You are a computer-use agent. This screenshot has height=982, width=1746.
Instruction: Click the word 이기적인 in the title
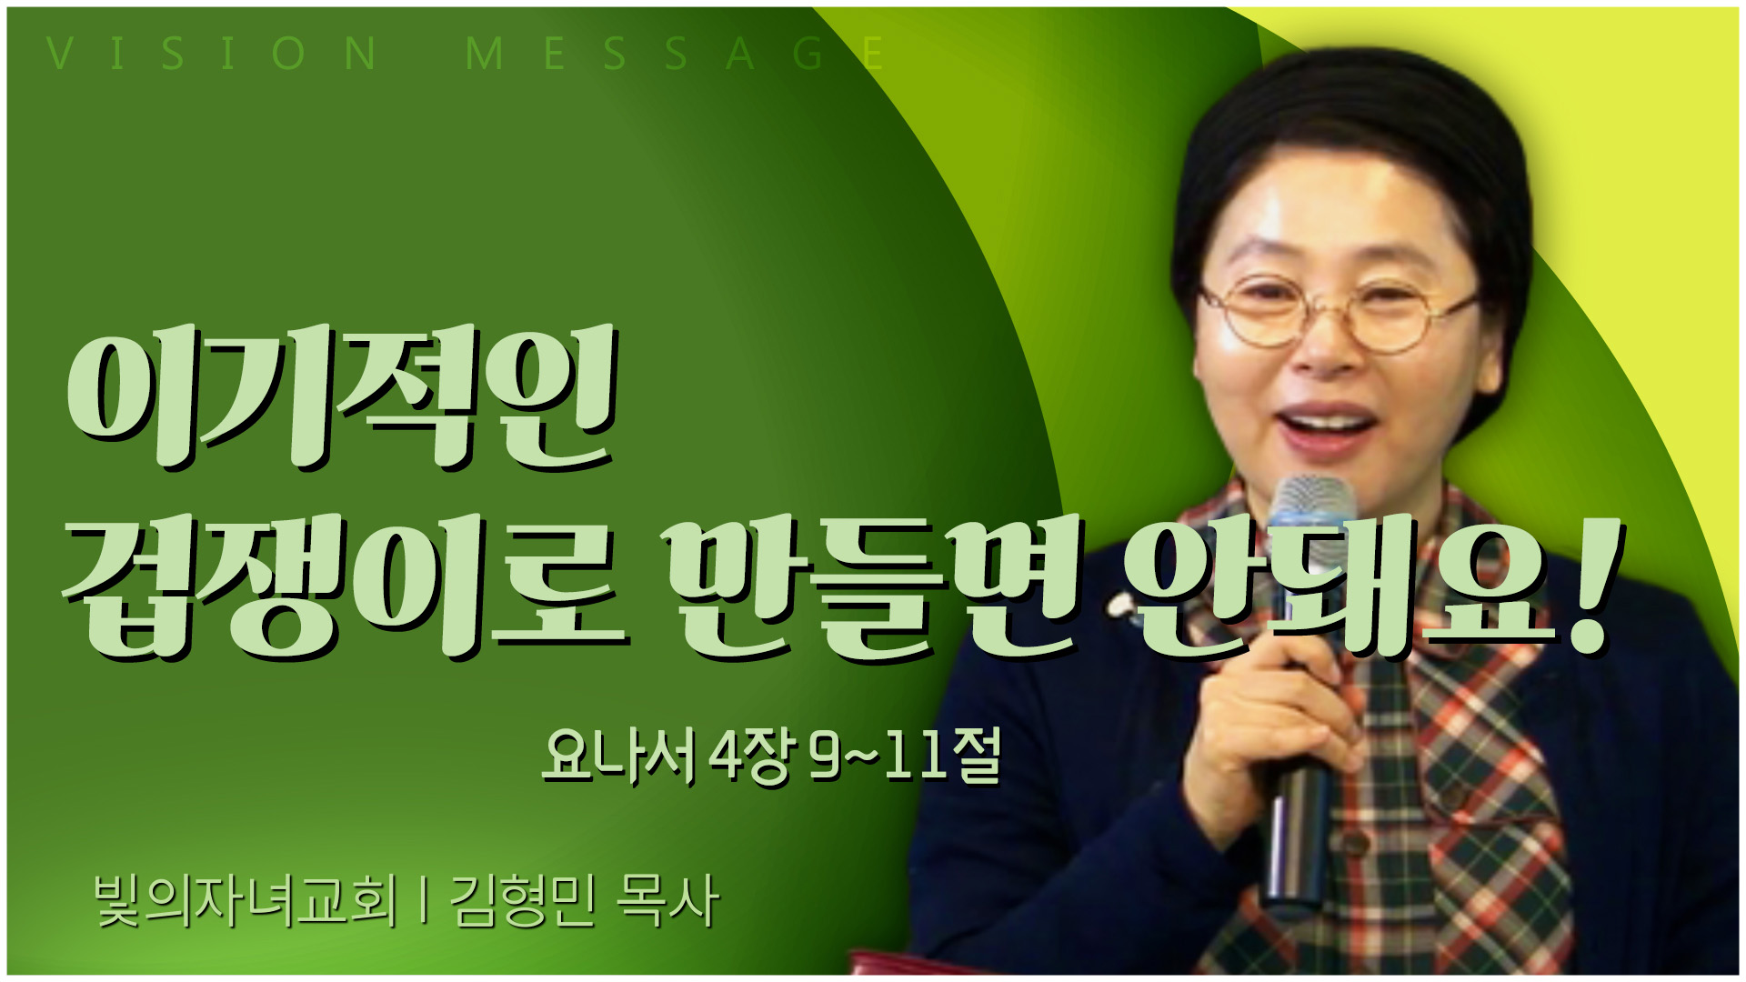click(x=342, y=399)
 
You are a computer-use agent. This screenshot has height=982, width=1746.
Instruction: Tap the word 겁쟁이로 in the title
click(x=346, y=586)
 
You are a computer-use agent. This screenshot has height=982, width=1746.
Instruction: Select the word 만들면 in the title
click(x=872, y=586)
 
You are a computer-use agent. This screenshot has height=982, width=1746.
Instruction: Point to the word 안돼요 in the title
click(x=1338, y=586)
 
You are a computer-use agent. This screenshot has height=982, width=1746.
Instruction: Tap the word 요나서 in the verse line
click(x=618, y=756)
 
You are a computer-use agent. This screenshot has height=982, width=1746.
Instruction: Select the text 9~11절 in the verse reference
click(x=906, y=756)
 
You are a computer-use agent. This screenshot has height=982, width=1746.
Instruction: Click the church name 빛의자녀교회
click(x=246, y=901)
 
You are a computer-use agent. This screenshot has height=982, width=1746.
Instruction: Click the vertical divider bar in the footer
click(x=424, y=901)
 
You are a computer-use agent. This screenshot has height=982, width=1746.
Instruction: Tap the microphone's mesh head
click(x=1311, y=527)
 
